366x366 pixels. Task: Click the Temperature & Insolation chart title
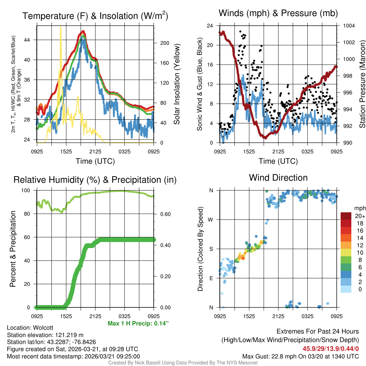[x=95, y=16]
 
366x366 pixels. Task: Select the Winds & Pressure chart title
[x=278, y=13]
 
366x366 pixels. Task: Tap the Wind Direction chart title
[x=278, y=178]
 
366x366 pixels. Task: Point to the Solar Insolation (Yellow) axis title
[x=177, y=84]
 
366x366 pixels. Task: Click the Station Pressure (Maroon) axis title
[x=362, y=84]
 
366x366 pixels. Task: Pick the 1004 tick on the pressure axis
[x=348, y=26]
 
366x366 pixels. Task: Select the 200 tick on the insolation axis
[x=164, y=43]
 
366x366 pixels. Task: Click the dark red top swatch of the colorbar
[x=346, y=216]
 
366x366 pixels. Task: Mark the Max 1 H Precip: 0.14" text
[x=138, y=323]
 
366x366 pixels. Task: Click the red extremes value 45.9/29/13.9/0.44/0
[x=331, y=348]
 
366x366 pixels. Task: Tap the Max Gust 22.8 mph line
[x=300, y=356]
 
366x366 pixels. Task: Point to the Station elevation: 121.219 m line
[x=45, y=335]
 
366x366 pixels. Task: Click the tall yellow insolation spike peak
[x=61, y=26]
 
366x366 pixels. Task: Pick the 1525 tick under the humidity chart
[x=66, y=316]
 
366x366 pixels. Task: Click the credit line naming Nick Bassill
[x=183, y=363]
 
